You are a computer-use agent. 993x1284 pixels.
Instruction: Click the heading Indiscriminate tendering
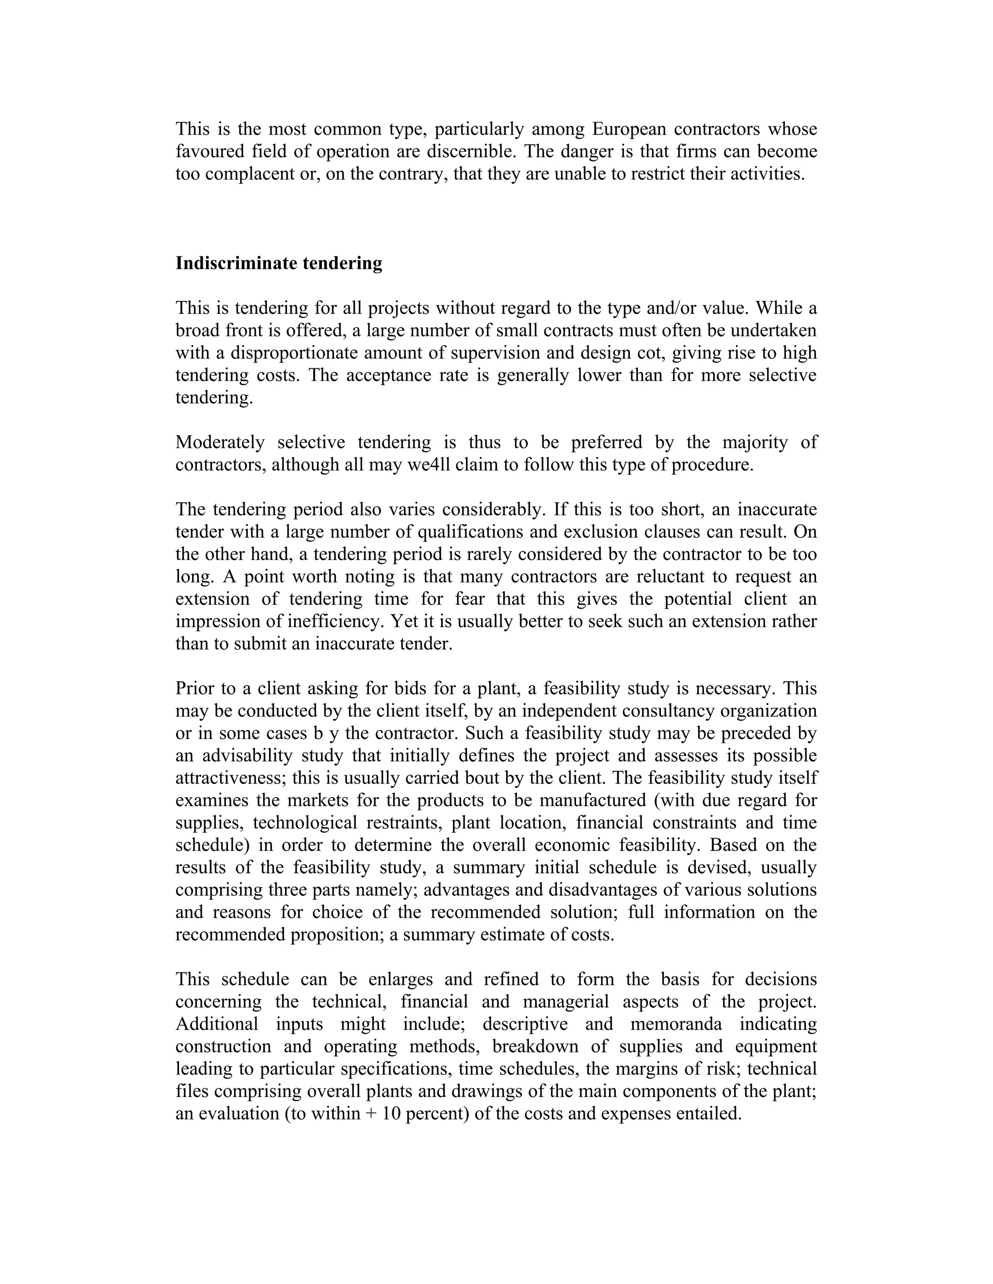(279, 263)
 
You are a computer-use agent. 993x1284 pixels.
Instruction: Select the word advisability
(247, 755)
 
